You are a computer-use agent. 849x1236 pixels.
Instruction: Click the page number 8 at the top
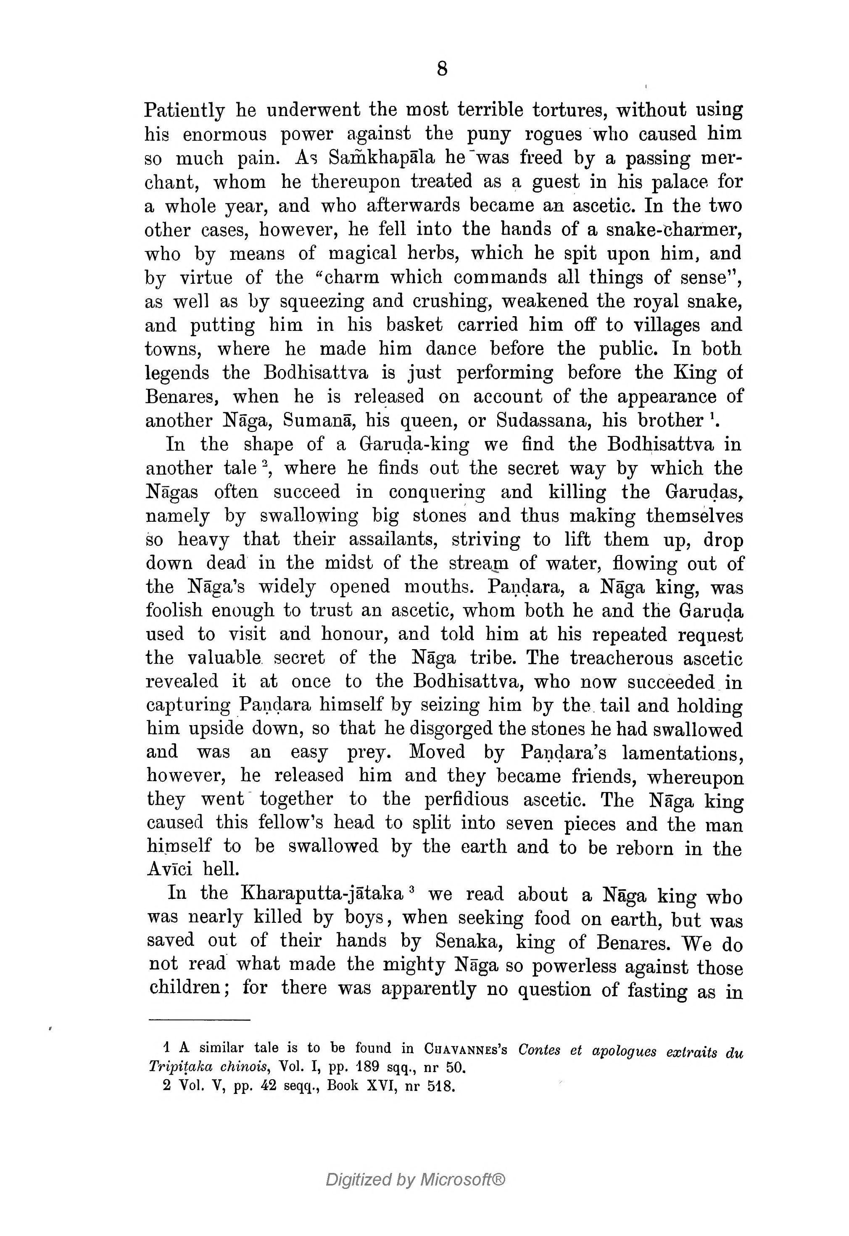[x=442, y=69]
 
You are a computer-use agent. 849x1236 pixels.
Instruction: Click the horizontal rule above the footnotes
[x=200, y=1019]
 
